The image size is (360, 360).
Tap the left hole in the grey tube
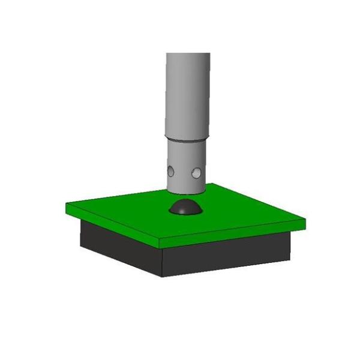click(x=171, y=172)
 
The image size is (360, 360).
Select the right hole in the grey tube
click(x=195, y=174)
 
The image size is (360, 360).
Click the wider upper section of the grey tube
click(x=188, y=96)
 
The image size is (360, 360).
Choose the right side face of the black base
click(x=228, y=255)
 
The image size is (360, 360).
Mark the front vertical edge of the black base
click(x=161, y=261)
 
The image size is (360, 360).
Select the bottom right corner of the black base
click(x=290, y=260)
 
